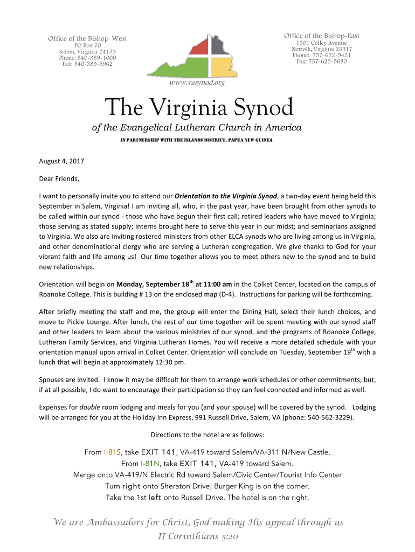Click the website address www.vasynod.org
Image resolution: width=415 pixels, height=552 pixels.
point(197,82)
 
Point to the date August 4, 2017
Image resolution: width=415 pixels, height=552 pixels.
point(61,161)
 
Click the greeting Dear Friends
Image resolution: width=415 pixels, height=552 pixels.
point(59,178)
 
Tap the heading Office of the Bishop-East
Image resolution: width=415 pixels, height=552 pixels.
point(321,36)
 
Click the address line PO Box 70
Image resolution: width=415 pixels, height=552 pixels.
point(87,46)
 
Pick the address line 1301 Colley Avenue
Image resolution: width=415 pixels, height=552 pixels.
point(321,43)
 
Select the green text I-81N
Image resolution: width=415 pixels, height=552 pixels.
point(149,463)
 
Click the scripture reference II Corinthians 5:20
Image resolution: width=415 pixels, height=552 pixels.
point(198,536)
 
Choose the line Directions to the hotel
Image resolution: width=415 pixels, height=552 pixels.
point(207,435)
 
